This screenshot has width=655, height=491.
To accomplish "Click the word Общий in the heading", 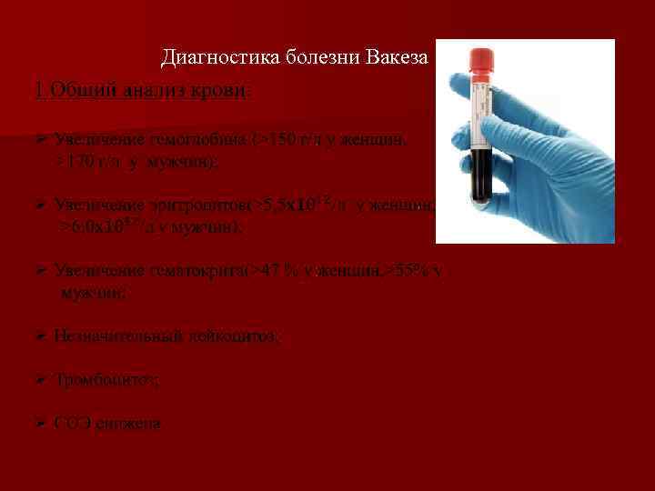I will tap(76, 91).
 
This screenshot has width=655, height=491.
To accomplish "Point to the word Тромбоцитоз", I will tap(106, 380).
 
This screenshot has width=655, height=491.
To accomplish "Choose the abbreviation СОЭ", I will tap(71, 424).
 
